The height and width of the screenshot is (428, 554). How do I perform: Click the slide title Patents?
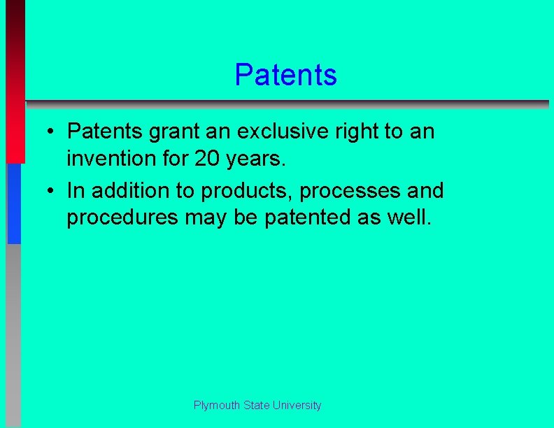(x=285, y=75)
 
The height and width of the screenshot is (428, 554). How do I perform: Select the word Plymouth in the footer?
(x=217, y=406)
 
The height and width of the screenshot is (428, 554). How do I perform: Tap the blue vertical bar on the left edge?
(x=14, y=203)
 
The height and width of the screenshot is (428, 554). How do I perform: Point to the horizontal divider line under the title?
(x=287, y=104)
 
